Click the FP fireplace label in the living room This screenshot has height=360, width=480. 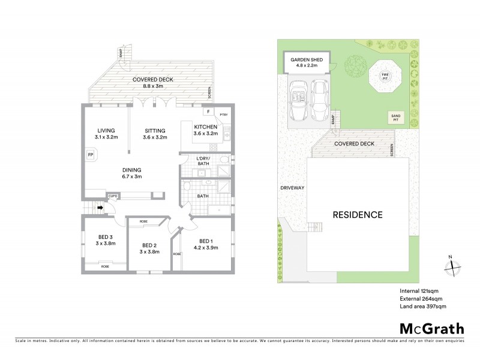[90, 154]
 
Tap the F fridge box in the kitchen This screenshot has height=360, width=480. [208, 112]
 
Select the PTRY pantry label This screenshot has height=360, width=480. [224, 113]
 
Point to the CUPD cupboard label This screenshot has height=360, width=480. [112, 196]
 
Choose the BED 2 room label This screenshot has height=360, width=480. [149, 245]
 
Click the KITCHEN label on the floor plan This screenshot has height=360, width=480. [205, 127]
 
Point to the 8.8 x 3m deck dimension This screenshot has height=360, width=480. [146, 86]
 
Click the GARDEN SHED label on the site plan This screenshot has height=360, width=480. [307, 60]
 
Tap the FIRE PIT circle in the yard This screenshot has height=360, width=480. [385, 77]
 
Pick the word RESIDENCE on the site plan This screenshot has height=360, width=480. [358, 214]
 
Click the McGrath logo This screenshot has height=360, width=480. [431, 328]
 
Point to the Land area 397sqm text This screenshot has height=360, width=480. [423, 306]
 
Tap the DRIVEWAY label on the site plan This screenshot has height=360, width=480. [292, 188]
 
